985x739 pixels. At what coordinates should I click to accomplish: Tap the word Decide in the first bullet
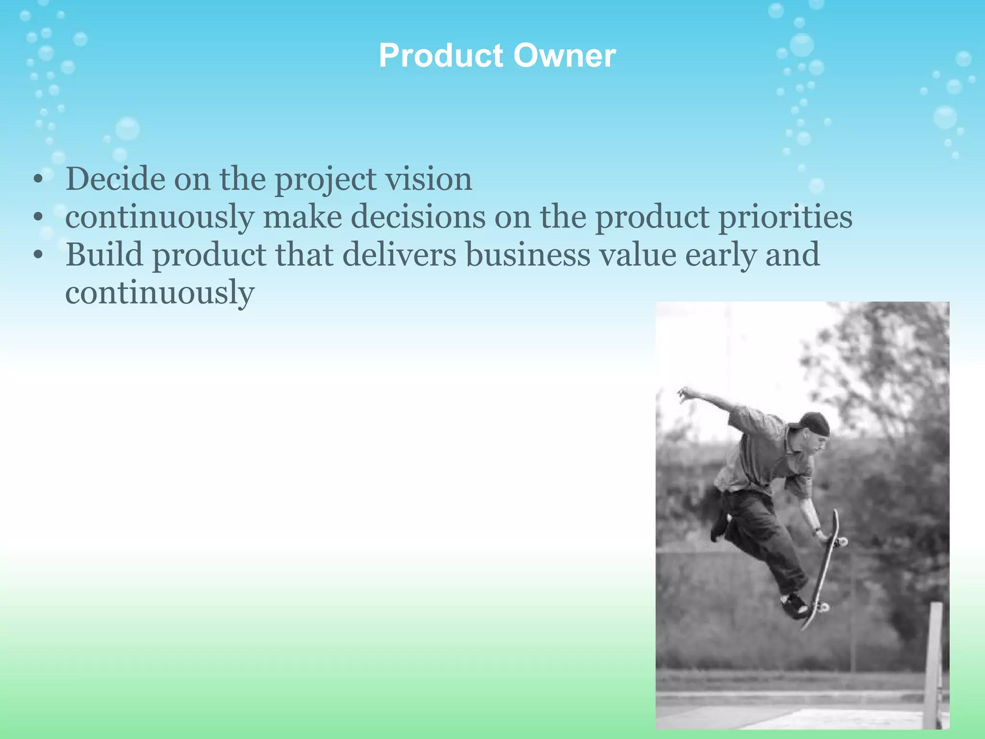pyautogui.click(x=115, y=179)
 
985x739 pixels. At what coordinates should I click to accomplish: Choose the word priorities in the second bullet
pyautogui.click(x=785, y=217)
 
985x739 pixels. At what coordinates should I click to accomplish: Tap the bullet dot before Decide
pyautogui.click(x=38, y=180)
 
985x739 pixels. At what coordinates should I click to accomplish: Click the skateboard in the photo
pyautogui.click(x=823, y=568)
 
